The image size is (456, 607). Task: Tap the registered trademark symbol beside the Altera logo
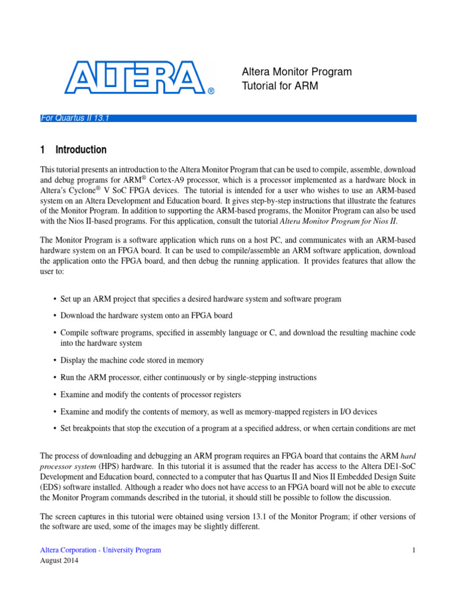pyautogui.click(x=211, y=91)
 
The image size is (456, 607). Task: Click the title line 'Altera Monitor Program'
pyautogui.click(x=297, y=72)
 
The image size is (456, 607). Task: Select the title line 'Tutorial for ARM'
pyautogui.click(x=280, y=86)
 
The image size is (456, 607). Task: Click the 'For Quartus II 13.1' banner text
pyautogui.click(x=74, y=118)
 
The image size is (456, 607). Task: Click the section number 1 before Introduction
pyautogui.click(x=43, y=150)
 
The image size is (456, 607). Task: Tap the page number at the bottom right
pyautogui.click(x=414, y=550)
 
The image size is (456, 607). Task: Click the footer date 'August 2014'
pyautogui.click(x=59, y=560)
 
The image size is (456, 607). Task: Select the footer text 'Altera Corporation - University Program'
pyautogui.click(x=100, y=550)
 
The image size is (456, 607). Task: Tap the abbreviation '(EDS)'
pyautogui.click(x=51, y=488)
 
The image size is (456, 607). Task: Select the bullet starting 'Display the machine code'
pyautogui.click(x=132, y=360)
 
